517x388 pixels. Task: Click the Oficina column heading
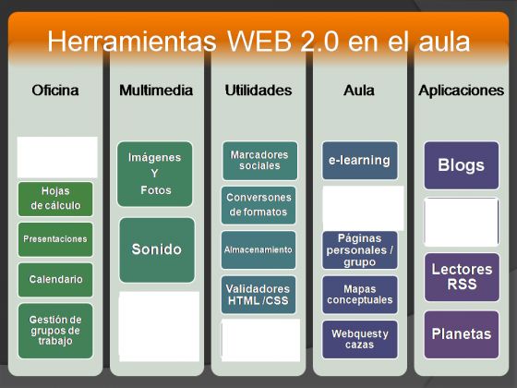pos(55,91)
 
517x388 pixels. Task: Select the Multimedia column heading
pos(156,91)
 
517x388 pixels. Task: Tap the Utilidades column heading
pos(258,91)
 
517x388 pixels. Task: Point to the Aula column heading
pos(359,91)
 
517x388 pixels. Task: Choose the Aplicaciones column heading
pos(462,91)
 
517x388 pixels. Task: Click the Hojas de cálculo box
pos(55,199)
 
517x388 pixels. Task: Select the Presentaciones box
pos(55,239)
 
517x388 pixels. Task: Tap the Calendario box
pos(55,280)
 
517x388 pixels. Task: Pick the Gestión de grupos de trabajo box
pos(55,331)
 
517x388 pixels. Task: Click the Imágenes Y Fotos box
pos(155,174)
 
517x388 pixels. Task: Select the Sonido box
pos(157,249)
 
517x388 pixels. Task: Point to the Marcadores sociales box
pos(259,161)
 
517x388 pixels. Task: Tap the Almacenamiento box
pos(258,249)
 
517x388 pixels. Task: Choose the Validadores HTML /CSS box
pos(258,295)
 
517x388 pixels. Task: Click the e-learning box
pos(360,161)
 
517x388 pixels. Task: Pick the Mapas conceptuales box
pos(360,295)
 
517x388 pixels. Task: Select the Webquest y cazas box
pos(360,339)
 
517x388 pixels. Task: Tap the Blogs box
pos(462,165)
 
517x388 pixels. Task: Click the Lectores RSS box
pos(462,277)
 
